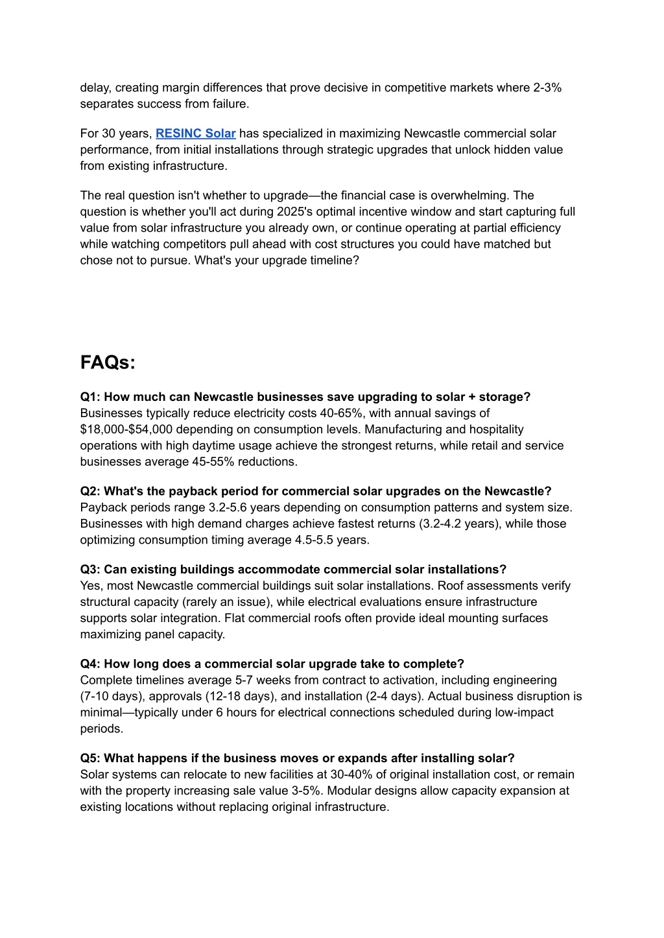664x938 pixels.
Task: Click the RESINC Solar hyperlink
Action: click(195, 134)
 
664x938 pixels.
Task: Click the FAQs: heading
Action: click(108, 363)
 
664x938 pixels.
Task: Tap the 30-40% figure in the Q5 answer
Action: click(350, 775)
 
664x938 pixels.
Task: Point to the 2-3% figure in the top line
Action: click(547, 88)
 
